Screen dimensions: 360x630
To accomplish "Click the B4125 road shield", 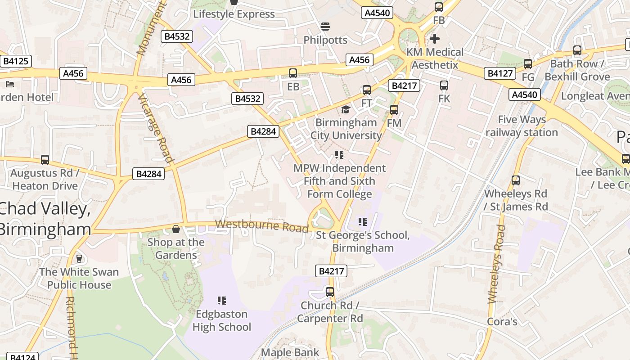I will coord(16,61).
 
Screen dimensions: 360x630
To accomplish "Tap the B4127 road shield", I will coord(499,73).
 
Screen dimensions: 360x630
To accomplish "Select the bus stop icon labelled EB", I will coord(293,73).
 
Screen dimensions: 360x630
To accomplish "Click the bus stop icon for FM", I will coord(394,109).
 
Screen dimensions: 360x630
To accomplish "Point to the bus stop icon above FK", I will coord(444,85).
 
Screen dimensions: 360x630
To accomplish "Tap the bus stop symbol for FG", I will coord(528,64).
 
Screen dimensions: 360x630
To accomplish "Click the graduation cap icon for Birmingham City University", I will coord(346,109).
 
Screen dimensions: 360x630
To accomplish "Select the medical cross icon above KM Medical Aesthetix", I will coord(435,39).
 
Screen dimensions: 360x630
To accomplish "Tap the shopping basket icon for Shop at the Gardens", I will coord(176,229).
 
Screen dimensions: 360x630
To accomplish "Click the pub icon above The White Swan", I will coord(79,258).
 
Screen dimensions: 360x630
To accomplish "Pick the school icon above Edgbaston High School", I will coord(221,300).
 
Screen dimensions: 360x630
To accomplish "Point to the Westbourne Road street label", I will coord(261,225).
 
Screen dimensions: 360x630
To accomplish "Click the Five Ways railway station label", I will coord(522,126).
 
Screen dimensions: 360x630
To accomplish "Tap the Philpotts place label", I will coord(325,40).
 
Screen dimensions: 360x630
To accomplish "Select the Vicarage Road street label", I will coord(156,129).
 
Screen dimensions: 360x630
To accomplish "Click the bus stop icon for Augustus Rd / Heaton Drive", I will coord(45,160).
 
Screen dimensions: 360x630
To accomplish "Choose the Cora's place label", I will coord(502,322).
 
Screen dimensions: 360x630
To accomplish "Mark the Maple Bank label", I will coord(290,352).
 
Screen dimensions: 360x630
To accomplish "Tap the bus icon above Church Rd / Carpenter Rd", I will coord(330,292).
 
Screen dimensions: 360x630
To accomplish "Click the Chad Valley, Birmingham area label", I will coord(45,219).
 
